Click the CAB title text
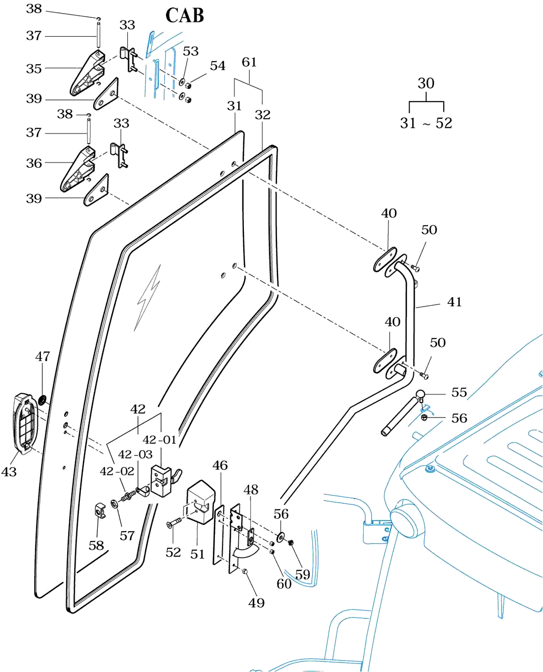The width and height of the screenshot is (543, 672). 185,16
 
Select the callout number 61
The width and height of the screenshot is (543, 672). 249,62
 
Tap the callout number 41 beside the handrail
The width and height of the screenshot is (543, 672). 454,302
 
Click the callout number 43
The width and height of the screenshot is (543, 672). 9,472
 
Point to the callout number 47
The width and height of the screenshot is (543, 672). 43,357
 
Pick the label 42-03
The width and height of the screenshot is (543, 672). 135,454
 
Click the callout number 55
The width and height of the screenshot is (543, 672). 459,392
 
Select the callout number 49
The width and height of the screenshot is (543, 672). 257,603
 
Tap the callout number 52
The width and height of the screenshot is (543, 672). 173,552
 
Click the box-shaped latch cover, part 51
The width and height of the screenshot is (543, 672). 200,502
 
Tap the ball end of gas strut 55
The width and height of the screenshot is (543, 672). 421,394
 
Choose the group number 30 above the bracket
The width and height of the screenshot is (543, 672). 426,83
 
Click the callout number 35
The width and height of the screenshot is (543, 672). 34,68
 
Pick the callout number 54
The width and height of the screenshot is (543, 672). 218,66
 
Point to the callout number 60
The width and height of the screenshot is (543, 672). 284,584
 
